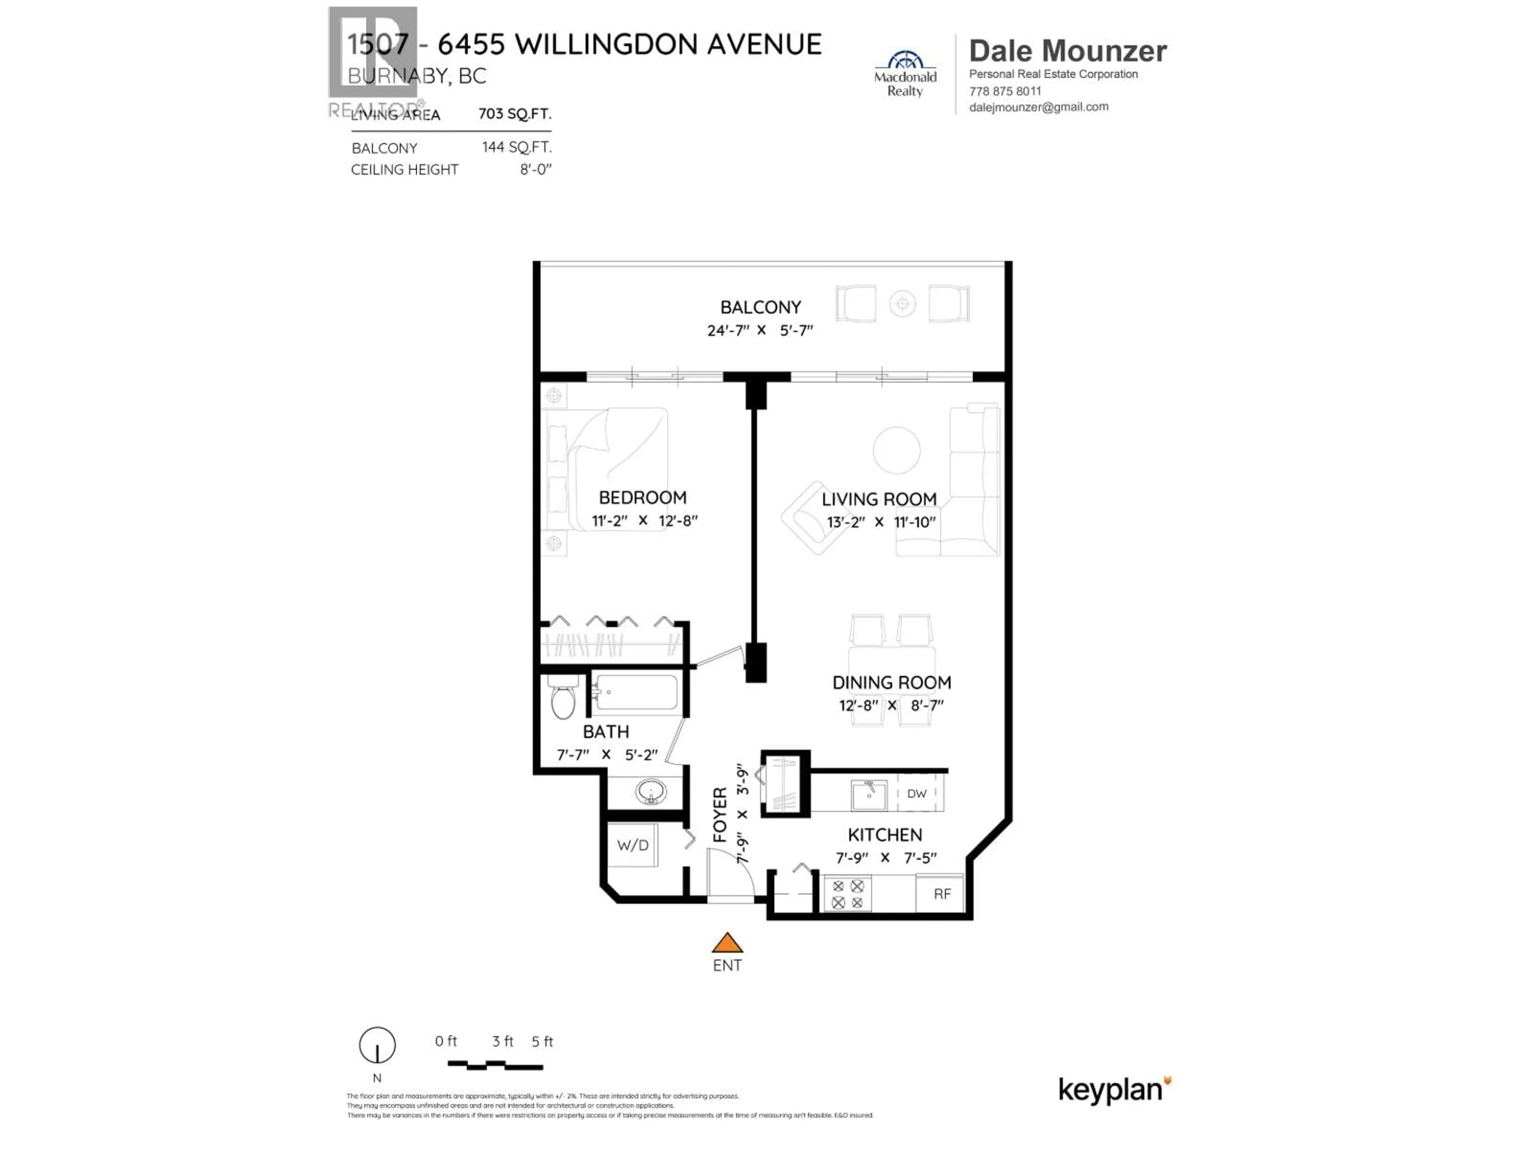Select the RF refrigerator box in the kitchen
(941, 894)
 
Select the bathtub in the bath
(636, 692)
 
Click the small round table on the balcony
(902, 303)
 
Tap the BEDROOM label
(642, 497)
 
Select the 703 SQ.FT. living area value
(514, 114)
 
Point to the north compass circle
(377, 1045)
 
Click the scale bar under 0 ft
(495, 1065)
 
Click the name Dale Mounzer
(1067, 51)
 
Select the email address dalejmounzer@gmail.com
(1038, 107)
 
